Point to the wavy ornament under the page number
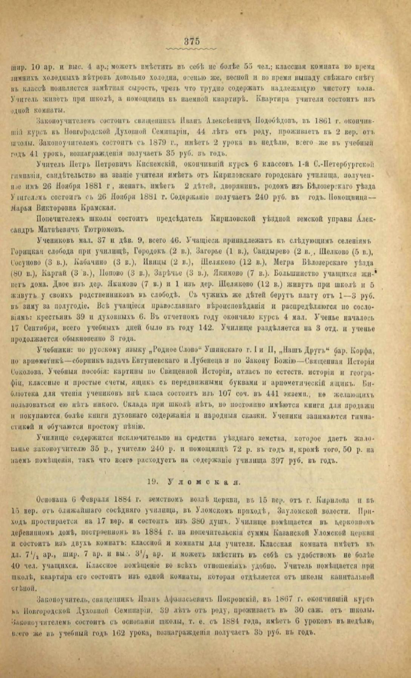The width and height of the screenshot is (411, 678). pos(192,49)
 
